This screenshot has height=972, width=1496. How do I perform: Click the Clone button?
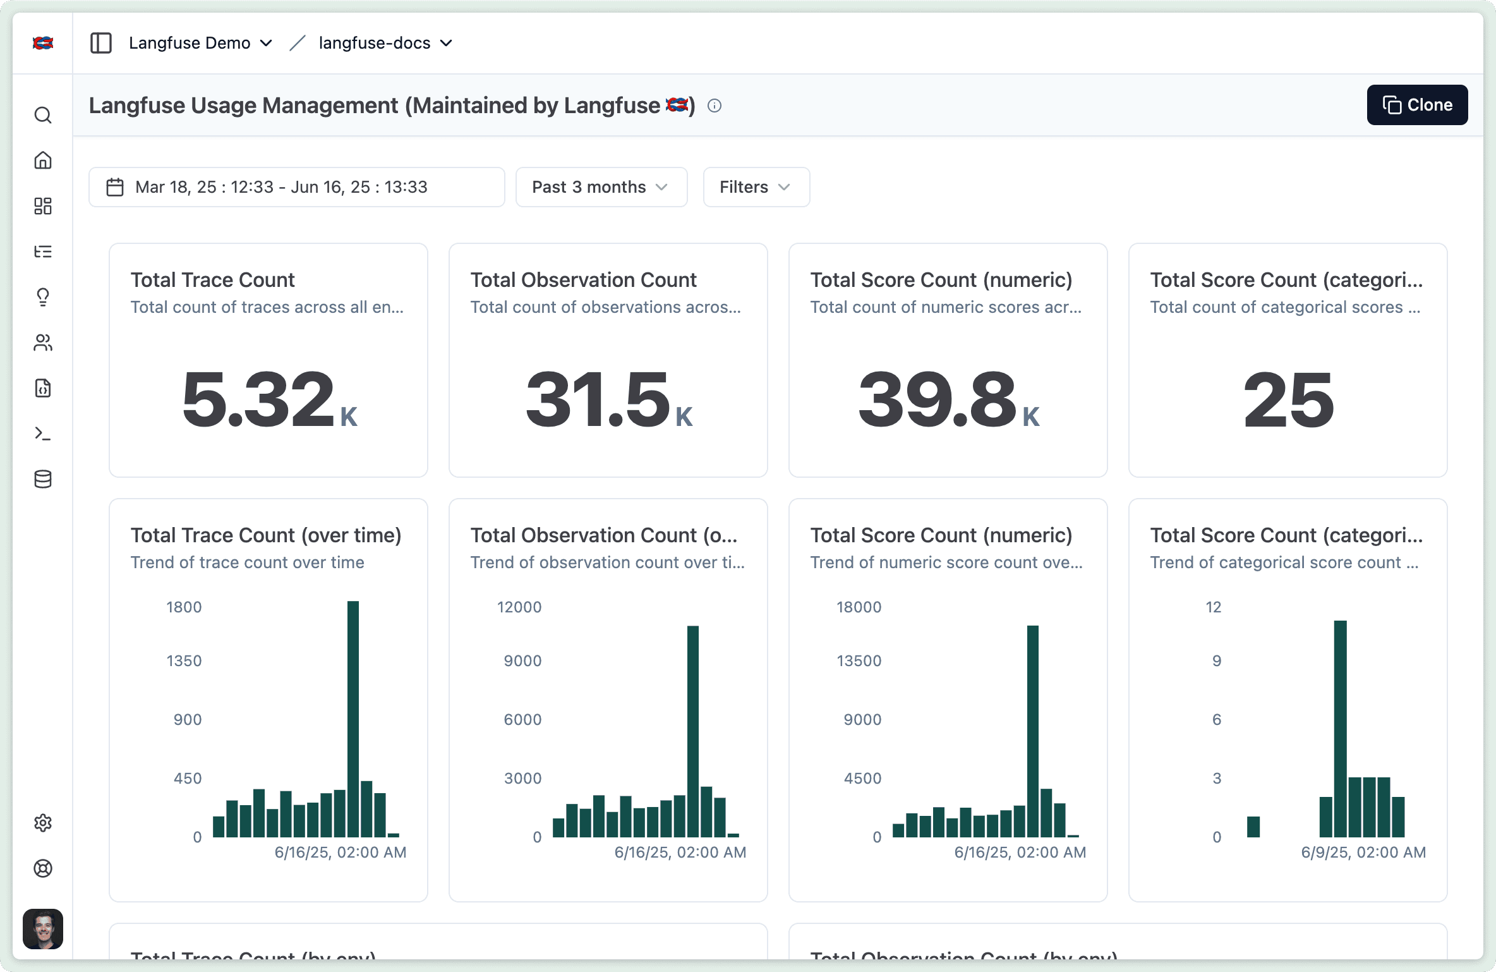pos(1417,105)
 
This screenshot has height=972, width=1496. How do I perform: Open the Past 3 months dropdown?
pos(601,187)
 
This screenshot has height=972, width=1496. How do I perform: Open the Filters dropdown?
pos(756,187)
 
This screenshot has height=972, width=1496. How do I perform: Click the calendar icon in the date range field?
pos(115,187)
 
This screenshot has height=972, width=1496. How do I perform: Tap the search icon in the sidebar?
pos(43,115)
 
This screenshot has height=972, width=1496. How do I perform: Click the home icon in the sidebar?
pos(43,161)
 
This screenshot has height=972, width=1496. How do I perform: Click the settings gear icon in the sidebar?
pos(43,823)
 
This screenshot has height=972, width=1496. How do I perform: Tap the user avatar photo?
pos(43,929)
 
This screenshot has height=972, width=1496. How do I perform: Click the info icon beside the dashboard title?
pos(715,106)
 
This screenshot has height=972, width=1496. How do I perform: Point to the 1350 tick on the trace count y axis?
pos(184,661)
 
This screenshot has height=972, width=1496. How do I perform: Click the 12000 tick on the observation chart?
pos(519,607)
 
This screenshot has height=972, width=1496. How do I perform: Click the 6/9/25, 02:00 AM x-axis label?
pos(1363,853)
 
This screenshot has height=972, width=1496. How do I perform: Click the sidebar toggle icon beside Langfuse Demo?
pos(101,43)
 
